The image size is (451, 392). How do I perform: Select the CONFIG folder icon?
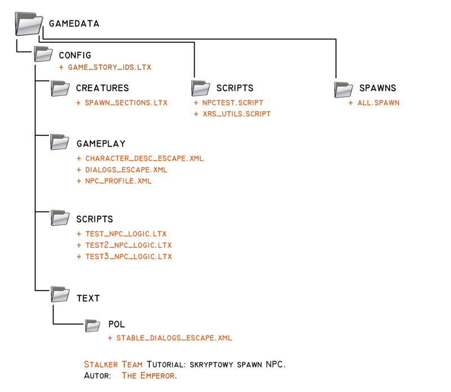43,54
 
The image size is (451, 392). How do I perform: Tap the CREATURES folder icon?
60,87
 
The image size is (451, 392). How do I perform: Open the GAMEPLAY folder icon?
60,142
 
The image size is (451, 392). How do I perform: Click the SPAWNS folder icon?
343,89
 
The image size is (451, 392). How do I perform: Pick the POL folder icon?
92,325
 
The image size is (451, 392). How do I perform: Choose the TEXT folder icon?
60,294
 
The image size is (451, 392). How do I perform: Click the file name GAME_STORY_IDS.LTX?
109,67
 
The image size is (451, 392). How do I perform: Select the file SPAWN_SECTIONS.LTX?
126,103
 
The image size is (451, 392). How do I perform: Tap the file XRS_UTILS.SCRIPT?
236,114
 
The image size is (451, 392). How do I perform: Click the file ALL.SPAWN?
378,103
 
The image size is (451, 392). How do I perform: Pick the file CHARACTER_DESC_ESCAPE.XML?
144,158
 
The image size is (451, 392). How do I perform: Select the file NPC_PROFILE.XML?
118,182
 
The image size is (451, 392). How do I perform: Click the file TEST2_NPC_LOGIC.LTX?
128,245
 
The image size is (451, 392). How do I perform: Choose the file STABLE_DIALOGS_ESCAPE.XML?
174,338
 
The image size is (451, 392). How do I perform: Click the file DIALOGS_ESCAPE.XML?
126,170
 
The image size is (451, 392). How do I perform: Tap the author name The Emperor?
148,375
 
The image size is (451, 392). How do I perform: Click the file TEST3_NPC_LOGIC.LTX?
128,257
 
